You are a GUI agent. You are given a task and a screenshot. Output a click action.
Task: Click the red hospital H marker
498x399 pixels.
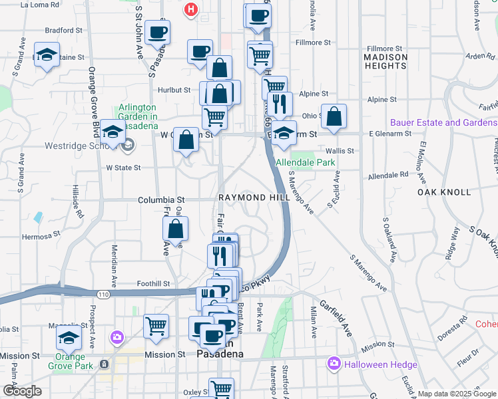click(x=191, y=9)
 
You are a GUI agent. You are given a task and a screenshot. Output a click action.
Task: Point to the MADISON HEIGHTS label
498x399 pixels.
click(x=385, y=62)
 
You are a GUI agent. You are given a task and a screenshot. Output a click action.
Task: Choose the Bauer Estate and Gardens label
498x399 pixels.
click(x=443, y=122)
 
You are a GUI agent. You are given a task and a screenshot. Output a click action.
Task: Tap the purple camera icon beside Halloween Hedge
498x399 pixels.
click(x=333, y=364)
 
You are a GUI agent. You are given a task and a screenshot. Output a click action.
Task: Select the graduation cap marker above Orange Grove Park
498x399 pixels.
click(x=69, y=338)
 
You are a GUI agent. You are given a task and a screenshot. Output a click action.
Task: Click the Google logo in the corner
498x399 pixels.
click(x=21, y=390)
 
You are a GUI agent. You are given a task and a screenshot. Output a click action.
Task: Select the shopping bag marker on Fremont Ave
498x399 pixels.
click(x=175, y=230)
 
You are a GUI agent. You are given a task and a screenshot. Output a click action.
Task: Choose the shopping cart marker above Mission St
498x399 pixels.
click(x=156, y=326)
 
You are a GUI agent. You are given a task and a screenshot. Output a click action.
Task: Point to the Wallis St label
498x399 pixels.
click(x=340, y=151)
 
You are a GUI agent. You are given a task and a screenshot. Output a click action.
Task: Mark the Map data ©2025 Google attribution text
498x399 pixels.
click(x=457, y=394)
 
